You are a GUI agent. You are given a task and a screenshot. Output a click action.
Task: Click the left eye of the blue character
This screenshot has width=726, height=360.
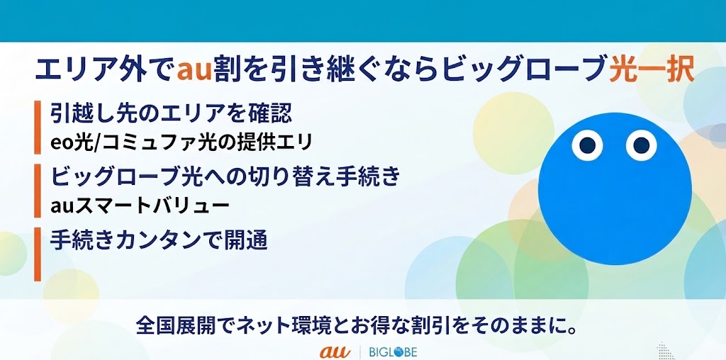pyautogui.click(x=587, y=145)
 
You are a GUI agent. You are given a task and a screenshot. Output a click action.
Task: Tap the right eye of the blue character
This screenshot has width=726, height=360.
pyautogui.click(x=641, y=145)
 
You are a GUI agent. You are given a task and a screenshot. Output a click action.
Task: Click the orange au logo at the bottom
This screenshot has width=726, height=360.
pyautogui.click(x=335, y=351)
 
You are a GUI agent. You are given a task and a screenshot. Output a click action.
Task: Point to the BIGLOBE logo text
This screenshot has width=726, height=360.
pyautogui.click(x=393, y=351)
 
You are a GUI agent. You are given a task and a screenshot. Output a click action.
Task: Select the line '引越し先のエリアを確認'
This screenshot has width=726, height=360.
pyautogui.click(x=172, y=113)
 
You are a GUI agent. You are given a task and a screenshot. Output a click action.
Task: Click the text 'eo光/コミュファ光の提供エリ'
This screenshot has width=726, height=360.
pyautogui.click(x=181, y=142)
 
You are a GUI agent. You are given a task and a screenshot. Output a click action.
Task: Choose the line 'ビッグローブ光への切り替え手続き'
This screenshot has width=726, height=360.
pyautogui.click(x=225, y=176)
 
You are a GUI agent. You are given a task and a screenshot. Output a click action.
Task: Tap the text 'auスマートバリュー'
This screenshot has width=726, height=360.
pyautogui.click(x=140, y=205)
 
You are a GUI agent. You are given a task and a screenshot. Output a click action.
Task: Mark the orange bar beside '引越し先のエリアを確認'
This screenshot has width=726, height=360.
pyautogui.click(x=38, y=128)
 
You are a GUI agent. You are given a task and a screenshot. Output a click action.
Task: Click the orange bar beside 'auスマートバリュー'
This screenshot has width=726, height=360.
pyautogui.click(x=38, y=190)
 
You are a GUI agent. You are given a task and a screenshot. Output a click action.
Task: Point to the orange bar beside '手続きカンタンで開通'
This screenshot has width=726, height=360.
pyautogui.click(x=38, y=254)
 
